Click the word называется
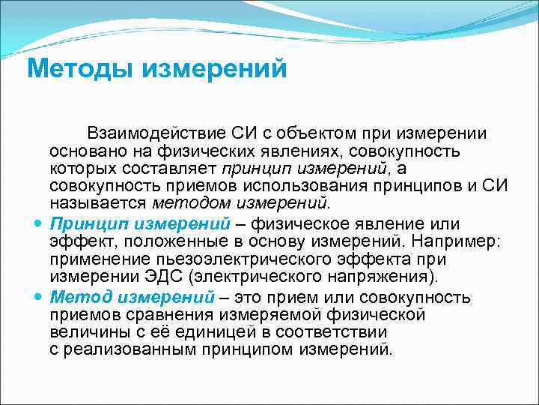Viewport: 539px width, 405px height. click(98, 202)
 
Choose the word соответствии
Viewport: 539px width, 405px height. click(329, 332)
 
